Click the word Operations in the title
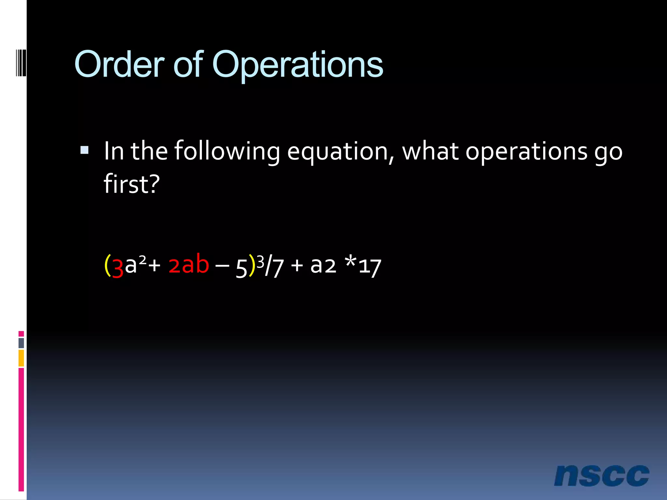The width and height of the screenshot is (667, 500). (x=298, y=65)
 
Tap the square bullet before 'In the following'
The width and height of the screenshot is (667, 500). (x=84, y=150)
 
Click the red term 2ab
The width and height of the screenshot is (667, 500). (x=189, y=264)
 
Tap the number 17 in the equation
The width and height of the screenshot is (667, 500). (x=370, y=267)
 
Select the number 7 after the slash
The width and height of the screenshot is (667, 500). (x=278, y=268)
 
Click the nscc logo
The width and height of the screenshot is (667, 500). (x=601, y=475)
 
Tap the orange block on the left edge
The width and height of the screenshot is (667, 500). (x=21, y=358)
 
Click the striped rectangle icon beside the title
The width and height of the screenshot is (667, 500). (x=21, y=63)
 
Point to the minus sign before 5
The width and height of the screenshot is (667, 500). (x=222, y=266)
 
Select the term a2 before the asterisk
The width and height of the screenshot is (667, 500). (x=323, y=265)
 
